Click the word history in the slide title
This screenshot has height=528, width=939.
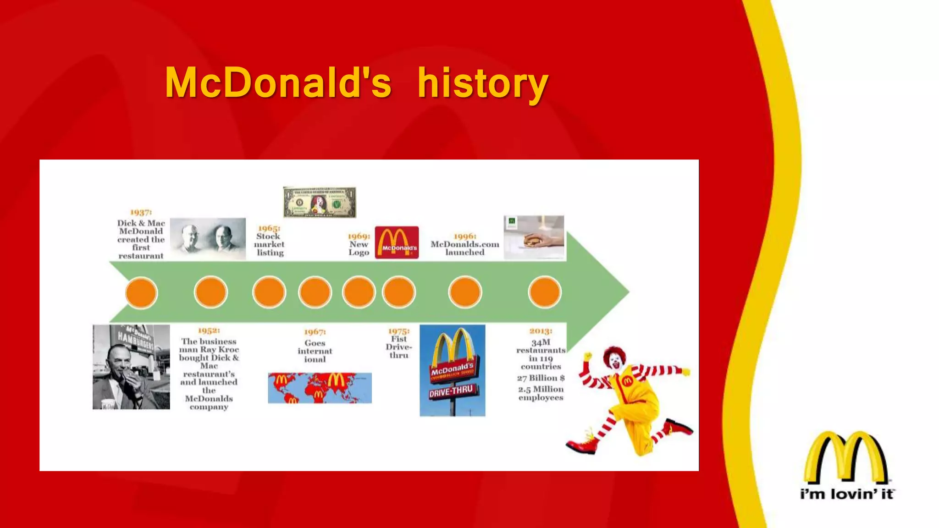[x=482, y=83]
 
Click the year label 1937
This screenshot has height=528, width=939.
[x=141, y=212]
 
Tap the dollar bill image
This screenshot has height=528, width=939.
[x=320, y=202]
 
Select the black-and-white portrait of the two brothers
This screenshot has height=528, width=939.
[x=208, y=238]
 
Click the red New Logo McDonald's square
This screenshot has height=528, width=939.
[x=397, y=242]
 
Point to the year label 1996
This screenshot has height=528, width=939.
[x=465, y=236]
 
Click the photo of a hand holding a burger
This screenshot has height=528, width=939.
[x=534, y=237]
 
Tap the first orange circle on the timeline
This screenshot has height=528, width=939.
[x=141, y=292]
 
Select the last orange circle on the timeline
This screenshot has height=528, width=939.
[x=544, y=292]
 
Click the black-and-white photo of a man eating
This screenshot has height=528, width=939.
[x=131, y=367]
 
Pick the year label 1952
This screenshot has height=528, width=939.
[x=209, y=330]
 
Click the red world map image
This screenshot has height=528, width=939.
[x=320, y=388]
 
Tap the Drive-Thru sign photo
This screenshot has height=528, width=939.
[x=452, y=370]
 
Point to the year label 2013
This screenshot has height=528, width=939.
[x=541, y=331]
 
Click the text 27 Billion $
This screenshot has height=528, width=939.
[x=541, y=378]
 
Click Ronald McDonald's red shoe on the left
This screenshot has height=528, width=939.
[x=581, y=444]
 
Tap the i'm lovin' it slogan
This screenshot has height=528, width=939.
[x=847, y=494]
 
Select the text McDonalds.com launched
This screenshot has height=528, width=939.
[x=465, y=248]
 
